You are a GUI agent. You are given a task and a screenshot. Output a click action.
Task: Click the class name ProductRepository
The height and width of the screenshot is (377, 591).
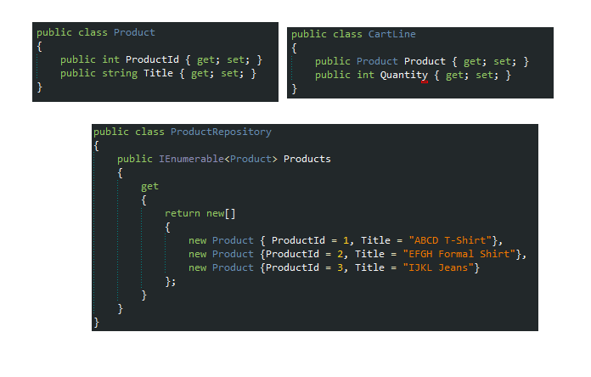(x=221, y=132)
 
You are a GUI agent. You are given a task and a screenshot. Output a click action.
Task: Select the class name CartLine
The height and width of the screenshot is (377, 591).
(x=392, y=34)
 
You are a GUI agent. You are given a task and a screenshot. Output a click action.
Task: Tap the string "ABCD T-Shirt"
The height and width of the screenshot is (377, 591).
(x=451, y=240)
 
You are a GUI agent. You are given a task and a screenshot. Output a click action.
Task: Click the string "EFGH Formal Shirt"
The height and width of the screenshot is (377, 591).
(x=459, y=254)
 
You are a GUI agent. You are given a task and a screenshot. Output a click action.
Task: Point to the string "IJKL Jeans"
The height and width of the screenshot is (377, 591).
(x=439, y=267)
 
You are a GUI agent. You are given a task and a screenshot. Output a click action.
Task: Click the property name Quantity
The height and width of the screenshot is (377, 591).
(x=404, y=76)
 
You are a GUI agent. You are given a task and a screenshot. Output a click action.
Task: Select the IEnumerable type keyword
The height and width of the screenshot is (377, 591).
(x=191, y=159)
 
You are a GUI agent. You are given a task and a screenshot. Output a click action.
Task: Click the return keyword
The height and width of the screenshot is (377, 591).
(x=183, y=213)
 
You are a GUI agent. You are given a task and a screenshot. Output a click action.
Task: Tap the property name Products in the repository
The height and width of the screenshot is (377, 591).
(x=307, y=159)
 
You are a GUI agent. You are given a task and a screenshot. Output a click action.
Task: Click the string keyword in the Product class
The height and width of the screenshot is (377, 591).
(x=120, y=74)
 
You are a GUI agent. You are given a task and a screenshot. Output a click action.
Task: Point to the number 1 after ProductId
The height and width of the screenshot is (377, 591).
(x=346, y=240)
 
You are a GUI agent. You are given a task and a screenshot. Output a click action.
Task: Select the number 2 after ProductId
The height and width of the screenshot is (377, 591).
(x=340, y=254)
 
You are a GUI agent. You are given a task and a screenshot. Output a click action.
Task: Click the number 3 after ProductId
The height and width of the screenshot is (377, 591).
(x=340, y=267)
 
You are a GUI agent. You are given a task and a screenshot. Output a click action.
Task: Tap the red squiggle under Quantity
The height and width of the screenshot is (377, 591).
(x=425, y=82)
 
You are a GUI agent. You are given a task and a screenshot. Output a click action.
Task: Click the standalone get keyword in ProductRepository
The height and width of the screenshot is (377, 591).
(x=149, y=187)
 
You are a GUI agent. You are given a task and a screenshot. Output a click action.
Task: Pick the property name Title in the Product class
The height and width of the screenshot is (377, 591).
(x=158, y=73)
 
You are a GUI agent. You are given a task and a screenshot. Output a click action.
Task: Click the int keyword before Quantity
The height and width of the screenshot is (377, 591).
(x=366, y=75)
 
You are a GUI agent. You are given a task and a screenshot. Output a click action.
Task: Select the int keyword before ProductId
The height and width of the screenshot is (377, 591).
(x=110, y=59)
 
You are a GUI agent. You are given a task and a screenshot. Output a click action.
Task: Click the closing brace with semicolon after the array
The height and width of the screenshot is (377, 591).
(x=171, y=282)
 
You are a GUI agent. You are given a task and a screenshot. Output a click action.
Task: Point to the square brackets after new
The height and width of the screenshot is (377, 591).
(x=230, y=214)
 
